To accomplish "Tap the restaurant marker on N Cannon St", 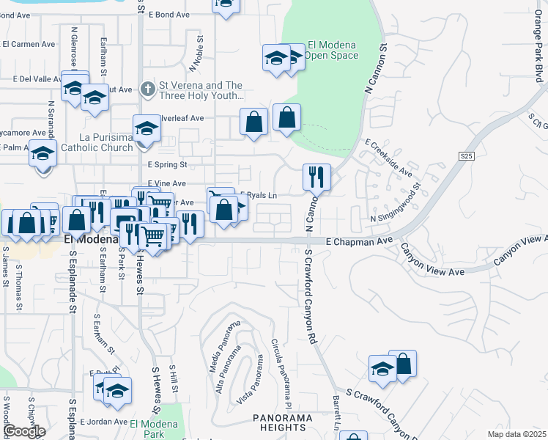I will pyautogui.click(x=316, y=177).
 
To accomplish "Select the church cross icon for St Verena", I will pyautogui.click(x=147, y=89).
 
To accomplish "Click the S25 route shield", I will pyautogui.click(x=467, y=156).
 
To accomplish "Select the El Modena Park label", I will pyautogui.click(x=153, y=429).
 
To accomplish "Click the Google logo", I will pyautogui.click(x=24, y=431).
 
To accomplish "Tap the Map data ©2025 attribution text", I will pyautogui.click(x=516, y=434).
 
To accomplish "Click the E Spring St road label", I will pyautogui.click(x=167, y=165).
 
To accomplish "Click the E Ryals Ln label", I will pyautogui.click(x=260, y=195).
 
